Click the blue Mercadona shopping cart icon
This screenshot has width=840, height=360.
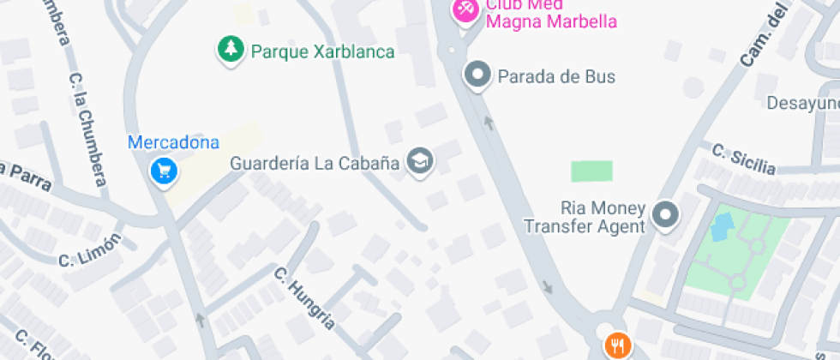tap(163, 172)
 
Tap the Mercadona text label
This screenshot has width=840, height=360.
tap(173, 143)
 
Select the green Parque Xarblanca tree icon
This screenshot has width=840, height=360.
tap(229, 51)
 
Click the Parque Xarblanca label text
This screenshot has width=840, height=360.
tap(322, 52)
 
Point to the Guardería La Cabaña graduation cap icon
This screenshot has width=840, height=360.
tap(419, 161)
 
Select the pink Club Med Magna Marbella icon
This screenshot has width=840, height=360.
tap(465, 9)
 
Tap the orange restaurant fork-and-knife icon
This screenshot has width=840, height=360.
tap(616, 345)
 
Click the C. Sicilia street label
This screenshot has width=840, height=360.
tap(744, 159)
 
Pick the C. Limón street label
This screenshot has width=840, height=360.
tap(90, 249)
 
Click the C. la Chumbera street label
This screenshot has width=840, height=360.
tap(88, 129)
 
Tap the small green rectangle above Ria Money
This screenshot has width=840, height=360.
tap(592, 171)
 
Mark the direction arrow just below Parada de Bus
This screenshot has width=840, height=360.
tap(489, 122)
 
